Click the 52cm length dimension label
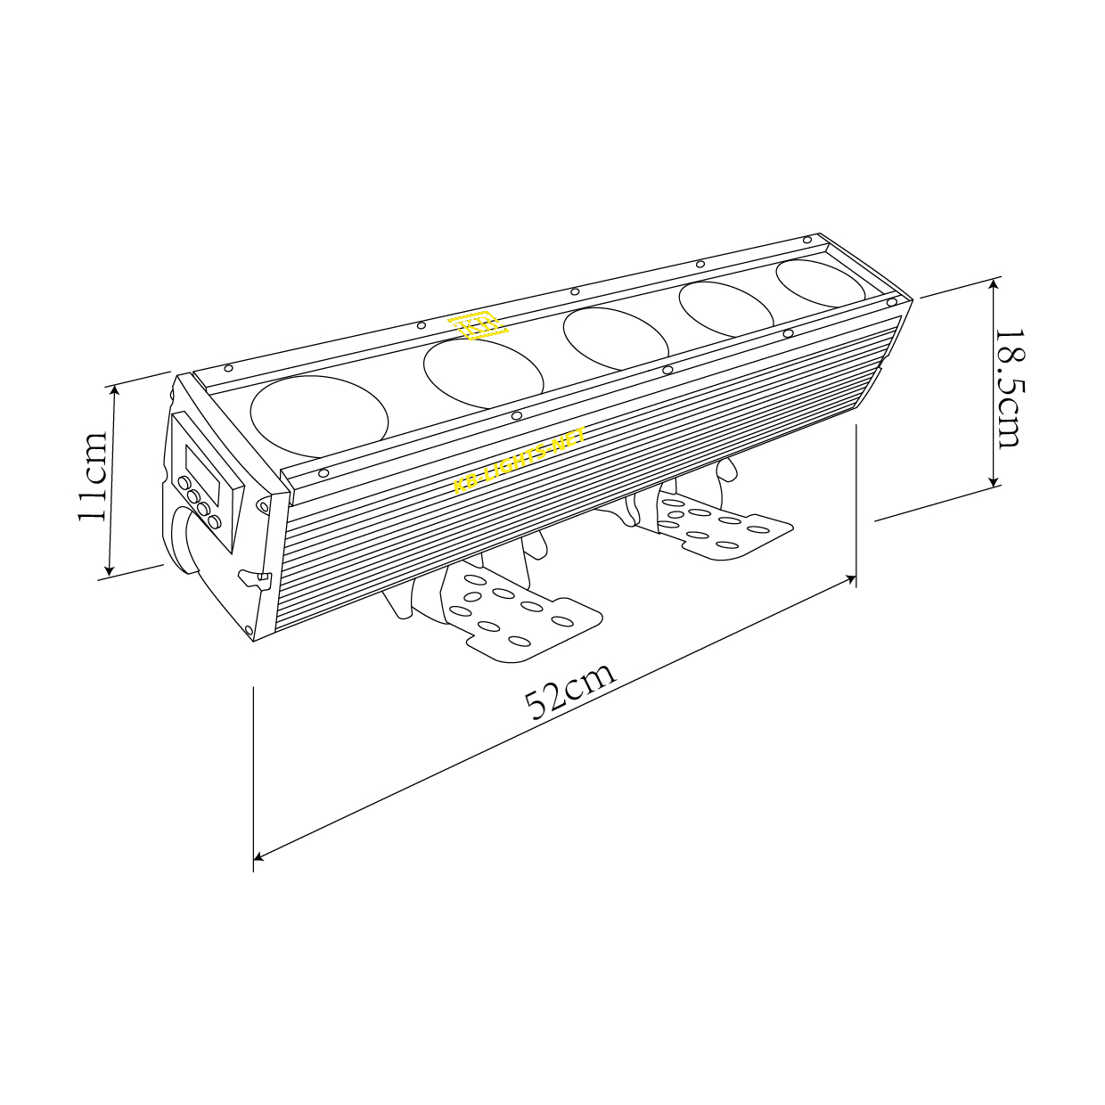click(571, 690)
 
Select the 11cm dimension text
click(94, 477)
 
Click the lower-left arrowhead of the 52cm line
click(258, 857)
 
